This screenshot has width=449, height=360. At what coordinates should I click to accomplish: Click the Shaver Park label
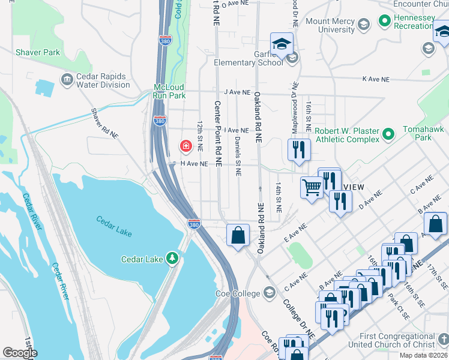pos(38,52)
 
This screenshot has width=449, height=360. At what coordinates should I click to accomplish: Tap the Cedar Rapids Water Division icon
pos(67,79)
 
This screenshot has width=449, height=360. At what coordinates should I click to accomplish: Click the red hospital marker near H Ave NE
pos(186,146)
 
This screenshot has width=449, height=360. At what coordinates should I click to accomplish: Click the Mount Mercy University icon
pos(363,25)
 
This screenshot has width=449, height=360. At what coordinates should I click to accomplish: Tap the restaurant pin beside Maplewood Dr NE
pos(299,148)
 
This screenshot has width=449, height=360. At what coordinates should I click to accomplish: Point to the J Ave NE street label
pos(236,92)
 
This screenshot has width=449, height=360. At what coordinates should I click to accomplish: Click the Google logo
pos(20,352)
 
